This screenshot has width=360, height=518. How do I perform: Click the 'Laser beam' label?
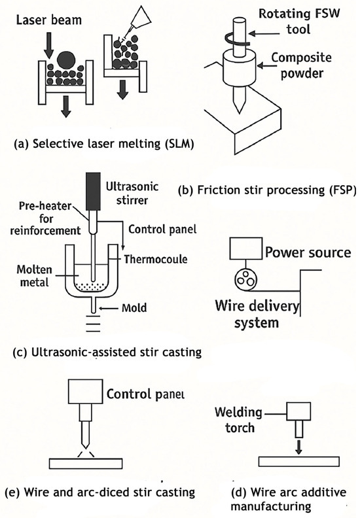click(49, 20)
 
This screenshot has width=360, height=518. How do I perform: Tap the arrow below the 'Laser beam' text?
click(48, 45)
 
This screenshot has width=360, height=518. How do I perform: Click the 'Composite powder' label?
click(301, 65)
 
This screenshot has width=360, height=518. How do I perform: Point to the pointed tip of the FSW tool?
click(240, 113)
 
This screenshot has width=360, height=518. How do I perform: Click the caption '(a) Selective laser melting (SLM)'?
click(104, 145)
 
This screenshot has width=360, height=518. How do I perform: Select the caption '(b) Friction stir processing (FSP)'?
click(267, 190)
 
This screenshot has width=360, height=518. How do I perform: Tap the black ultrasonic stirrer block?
click(93, 191)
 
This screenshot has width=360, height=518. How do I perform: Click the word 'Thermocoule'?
click(156, 259)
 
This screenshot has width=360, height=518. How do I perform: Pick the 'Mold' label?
click(134, 308)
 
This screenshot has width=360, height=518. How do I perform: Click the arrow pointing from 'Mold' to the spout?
click(109, 309)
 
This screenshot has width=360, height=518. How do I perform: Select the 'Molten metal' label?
click(35, 276)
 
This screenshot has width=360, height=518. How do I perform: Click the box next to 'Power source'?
click(246, 248)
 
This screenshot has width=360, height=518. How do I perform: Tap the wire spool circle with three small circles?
click(245, 280)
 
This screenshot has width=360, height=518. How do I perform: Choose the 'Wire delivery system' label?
click(257, 314)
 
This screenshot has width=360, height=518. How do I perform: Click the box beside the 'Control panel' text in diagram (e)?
click(85, 392)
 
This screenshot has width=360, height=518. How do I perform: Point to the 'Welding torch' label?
click(239, 420)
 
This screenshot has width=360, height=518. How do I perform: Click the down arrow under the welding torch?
click(298, 446)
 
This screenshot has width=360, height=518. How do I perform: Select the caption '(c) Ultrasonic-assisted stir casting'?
click(107, 353)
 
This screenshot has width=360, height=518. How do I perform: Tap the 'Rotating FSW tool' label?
click(299, 21)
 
